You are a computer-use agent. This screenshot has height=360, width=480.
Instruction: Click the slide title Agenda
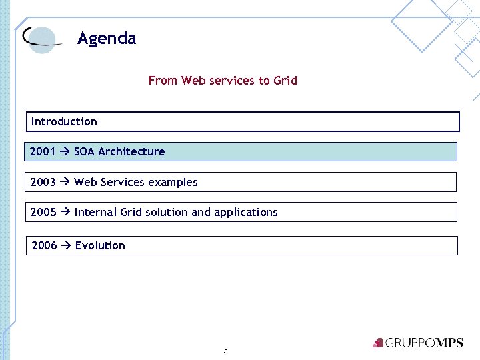107,39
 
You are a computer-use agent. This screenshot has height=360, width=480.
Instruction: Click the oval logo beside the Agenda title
41,39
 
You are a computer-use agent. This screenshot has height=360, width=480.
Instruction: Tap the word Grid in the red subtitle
285,81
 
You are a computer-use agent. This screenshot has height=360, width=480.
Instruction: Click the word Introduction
64,121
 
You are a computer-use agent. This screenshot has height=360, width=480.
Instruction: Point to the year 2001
43,151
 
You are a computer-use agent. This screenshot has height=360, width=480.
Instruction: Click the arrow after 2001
65,151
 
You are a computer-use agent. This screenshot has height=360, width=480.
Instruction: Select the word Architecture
131,151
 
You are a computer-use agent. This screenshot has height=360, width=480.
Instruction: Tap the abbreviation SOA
85,151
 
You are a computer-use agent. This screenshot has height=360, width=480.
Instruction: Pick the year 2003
43,182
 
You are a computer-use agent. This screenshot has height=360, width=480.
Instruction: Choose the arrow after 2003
65,182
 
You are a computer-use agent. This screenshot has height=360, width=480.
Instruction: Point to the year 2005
43,212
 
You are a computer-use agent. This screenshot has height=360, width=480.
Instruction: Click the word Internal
96,212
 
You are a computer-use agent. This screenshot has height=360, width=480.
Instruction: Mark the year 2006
45,245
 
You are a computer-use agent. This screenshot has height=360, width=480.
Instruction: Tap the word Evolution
100,245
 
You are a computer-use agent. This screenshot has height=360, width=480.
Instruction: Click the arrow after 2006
66,245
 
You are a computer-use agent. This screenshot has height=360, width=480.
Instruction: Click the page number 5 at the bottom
226,351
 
